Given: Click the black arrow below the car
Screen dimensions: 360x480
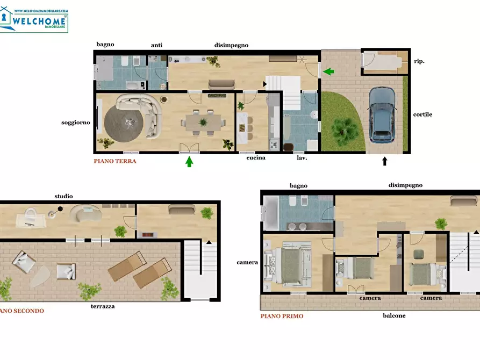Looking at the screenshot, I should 384,160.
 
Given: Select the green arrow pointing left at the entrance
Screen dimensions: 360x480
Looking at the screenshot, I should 328,71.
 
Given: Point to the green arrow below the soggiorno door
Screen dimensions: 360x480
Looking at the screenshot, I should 189,161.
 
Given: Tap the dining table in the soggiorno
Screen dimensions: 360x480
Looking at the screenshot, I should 203,123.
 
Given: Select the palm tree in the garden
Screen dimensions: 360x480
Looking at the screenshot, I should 342,129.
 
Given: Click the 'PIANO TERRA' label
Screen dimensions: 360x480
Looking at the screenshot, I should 115,161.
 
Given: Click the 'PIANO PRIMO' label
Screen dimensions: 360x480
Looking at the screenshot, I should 282,316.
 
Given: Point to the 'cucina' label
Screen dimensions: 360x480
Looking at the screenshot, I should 256,158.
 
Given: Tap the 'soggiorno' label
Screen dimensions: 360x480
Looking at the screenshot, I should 76,123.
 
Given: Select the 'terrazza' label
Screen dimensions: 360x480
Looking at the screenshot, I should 103,306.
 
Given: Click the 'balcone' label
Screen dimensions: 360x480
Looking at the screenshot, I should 394,315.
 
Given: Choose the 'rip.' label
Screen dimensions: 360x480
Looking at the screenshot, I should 419,61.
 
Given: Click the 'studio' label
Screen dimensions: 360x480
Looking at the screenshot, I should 63,196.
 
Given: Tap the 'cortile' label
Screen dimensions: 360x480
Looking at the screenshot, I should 422,114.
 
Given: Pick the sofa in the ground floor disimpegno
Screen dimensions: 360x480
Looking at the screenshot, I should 221,84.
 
